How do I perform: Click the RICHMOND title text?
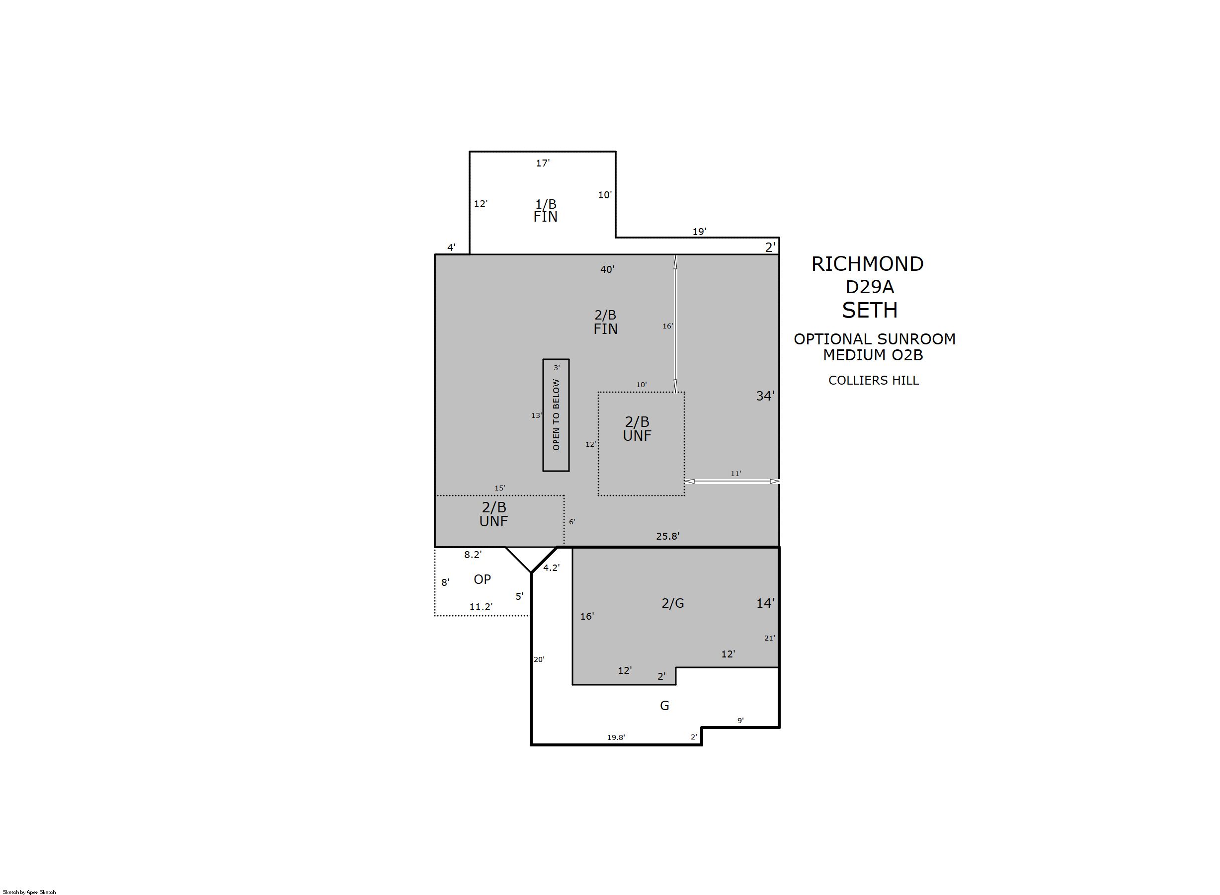tap(867, 264)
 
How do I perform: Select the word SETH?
tap(870, 310)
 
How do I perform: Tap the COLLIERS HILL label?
tap(873, 380)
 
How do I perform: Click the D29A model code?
tap(870, 287)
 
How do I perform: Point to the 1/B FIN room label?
tap(546, 210)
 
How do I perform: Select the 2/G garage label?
tap(673, 603)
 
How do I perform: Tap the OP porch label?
tap(482, 579)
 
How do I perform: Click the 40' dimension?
tap(607, 269)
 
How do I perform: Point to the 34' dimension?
tap(765, 396)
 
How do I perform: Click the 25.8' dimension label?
tap(668, 536)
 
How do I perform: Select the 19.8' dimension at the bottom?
tap(616, 737)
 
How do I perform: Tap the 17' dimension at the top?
tap(543, 163)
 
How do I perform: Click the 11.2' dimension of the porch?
tap(481, 607)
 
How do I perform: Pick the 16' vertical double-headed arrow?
tap(675, 324)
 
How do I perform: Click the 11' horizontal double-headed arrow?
tap(732, 481)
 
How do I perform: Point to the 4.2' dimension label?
tap(552, 568)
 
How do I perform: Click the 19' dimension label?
tap(699, 232)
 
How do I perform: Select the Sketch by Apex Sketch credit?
tap(29, 892)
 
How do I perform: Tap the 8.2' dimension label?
tap(473, 555)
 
